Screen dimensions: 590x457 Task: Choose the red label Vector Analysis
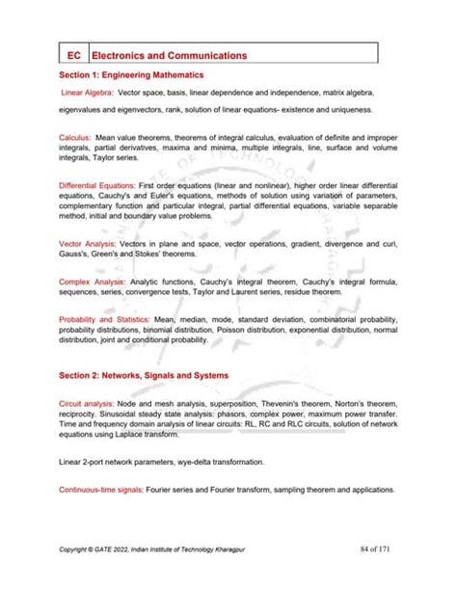pyautogui.click(x=88, y=247)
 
